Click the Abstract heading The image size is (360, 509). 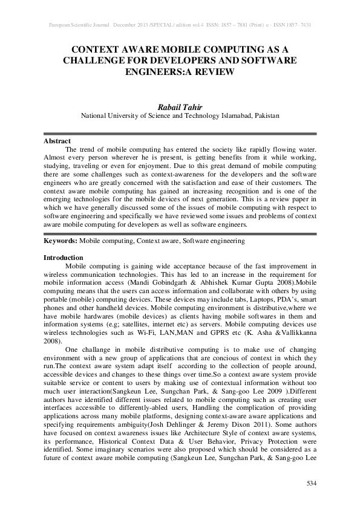click(x=57, y=141)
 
